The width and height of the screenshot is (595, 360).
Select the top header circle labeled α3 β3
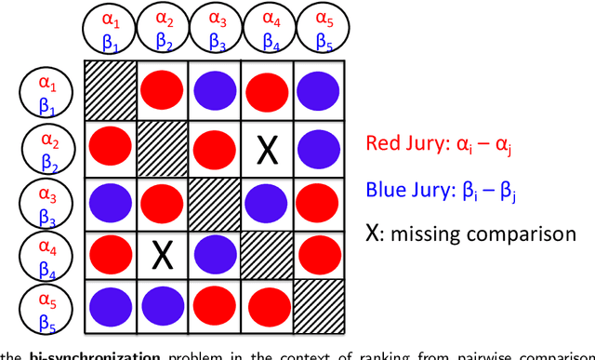coord(217,28)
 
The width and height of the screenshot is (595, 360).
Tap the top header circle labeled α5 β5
coord(323,28)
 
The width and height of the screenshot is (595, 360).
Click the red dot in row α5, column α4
coord(268,304)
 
